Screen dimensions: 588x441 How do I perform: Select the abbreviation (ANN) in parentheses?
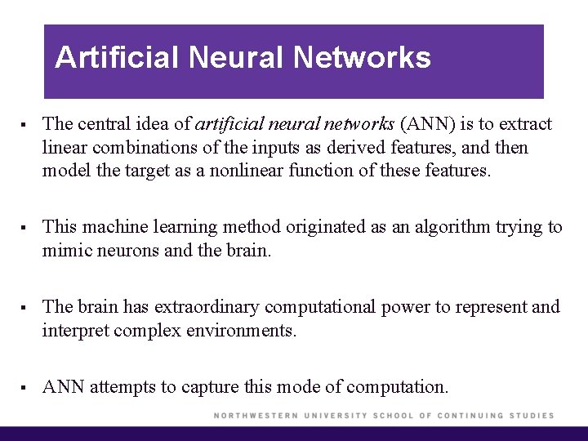tap(427, 124)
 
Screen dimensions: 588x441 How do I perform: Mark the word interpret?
tap(76, 330)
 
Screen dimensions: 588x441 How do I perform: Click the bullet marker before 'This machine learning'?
tap(27, 228)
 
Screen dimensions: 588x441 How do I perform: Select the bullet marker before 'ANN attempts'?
tap(27, 387)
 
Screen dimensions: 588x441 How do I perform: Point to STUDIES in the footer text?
tap(532, 416)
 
